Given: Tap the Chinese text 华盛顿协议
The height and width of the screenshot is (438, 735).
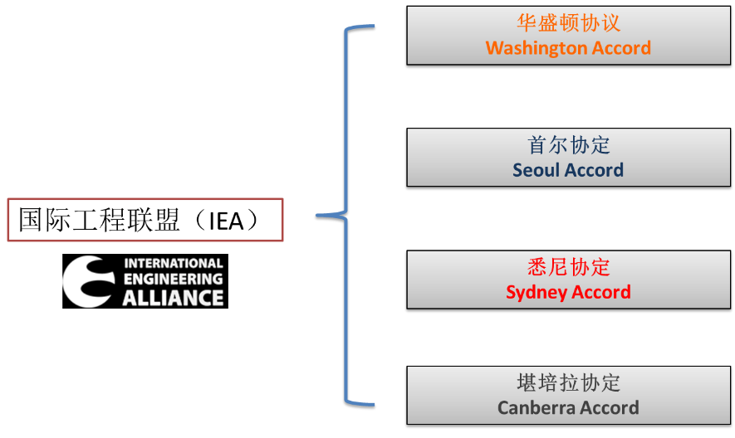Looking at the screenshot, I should click(568, 22).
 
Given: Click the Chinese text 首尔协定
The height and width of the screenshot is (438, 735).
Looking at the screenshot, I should click(568, 145).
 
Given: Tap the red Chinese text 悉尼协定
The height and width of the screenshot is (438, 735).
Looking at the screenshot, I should click(568, 267).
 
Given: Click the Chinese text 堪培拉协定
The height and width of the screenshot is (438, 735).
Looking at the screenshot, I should click(568, 382).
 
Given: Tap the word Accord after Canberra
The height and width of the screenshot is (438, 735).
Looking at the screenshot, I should click(609, 408).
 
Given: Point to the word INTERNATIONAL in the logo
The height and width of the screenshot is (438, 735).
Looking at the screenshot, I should click(174, 264).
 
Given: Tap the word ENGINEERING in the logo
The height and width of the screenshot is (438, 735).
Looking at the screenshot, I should click(174, 280).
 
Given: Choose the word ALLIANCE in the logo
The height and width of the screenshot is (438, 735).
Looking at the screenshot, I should click(174, 298).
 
